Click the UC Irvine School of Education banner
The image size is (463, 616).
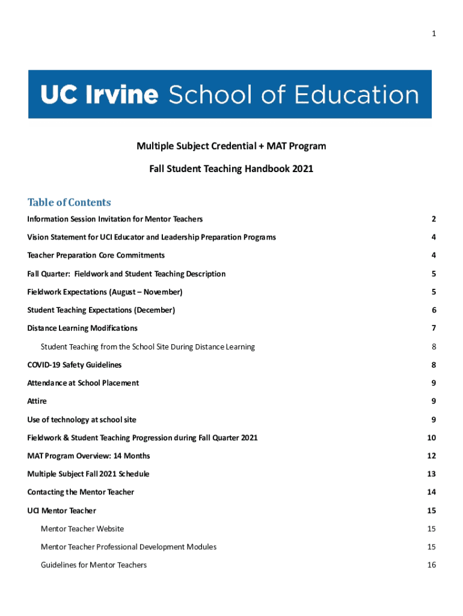pos(230,94)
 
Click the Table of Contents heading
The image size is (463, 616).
pos(69,202)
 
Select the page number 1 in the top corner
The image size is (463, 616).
pos(434,34)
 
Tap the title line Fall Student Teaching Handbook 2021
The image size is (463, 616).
pos(231,169)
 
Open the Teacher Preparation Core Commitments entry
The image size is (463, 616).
pos(96,256)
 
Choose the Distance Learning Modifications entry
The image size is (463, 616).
pos(82,328)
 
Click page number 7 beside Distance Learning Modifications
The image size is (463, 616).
pos(434,328)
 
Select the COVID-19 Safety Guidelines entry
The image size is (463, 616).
pos(75,365)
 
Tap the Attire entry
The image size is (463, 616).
pos(37,401)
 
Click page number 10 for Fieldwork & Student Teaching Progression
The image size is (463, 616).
pos(432,438)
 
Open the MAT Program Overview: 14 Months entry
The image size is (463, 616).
pos(88,456)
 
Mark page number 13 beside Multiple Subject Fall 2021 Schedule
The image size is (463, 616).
pos(432,474)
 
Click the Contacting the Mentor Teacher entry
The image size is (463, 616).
pos(81,492)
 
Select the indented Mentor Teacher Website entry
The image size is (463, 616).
pos(82,529)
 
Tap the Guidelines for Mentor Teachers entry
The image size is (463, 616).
pos(94,565)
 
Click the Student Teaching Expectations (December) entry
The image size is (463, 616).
pos(101,310)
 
